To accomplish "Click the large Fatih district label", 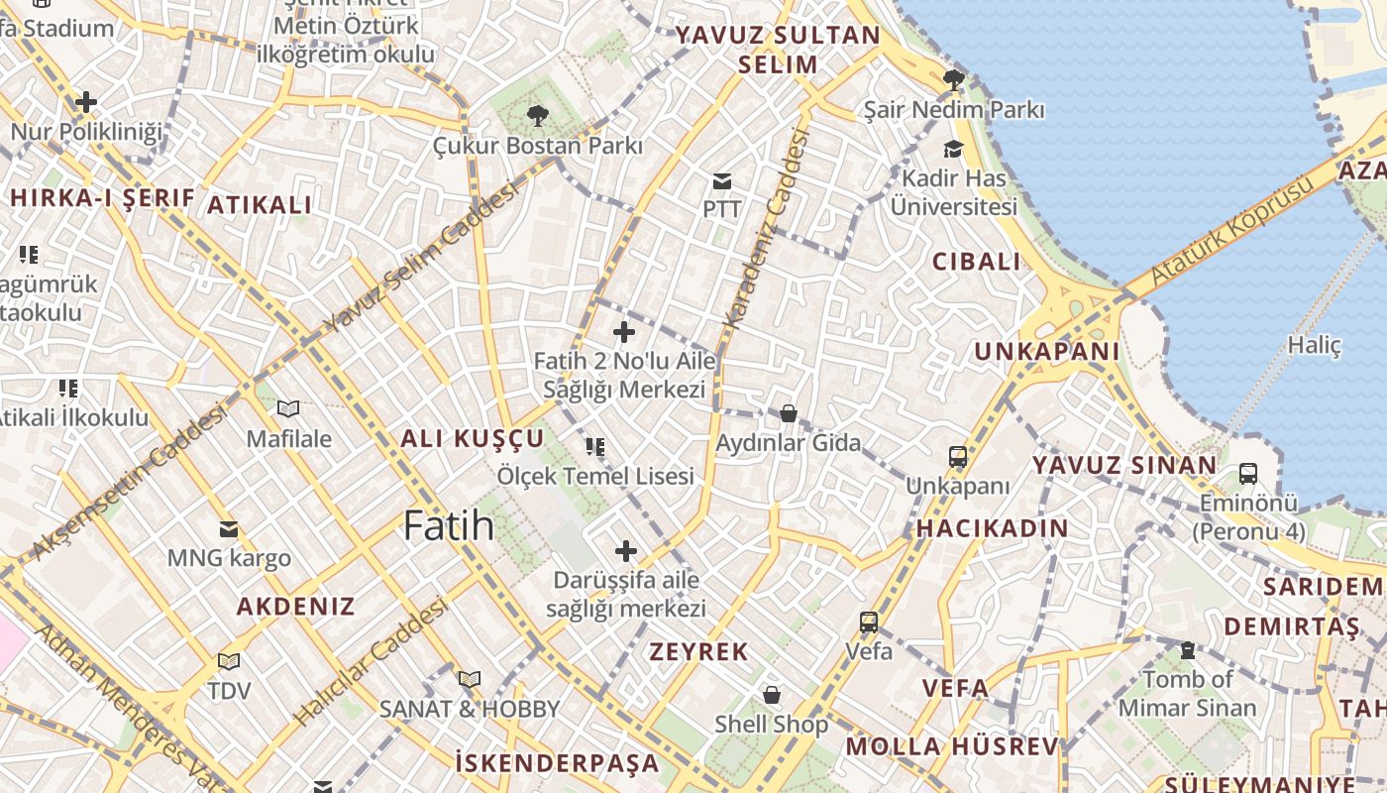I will click(449, 525).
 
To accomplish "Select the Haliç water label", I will click(1314, 345).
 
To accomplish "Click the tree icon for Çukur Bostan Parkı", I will click(538, 116).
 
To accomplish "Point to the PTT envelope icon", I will click(722, 181).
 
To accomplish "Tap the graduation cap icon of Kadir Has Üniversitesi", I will click(953, 150).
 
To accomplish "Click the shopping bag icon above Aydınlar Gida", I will click(789, 413).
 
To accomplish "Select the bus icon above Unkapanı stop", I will click(957, 457).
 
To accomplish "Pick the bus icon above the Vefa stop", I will click(869, 623).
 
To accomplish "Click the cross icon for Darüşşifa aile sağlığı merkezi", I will click(626, 551).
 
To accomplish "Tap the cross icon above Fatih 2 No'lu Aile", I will click(624, 332).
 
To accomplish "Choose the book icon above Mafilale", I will click(288, 408).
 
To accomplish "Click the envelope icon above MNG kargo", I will click(229, 528).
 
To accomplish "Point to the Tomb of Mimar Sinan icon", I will click(1187, 650).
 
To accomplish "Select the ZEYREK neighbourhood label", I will click(698, 652).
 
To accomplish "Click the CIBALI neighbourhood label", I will click(976, 262).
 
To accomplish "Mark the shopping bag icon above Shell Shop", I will click(772, 695).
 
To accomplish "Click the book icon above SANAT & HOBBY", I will click(470, 679).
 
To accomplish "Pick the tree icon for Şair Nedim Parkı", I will click(954, 80).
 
